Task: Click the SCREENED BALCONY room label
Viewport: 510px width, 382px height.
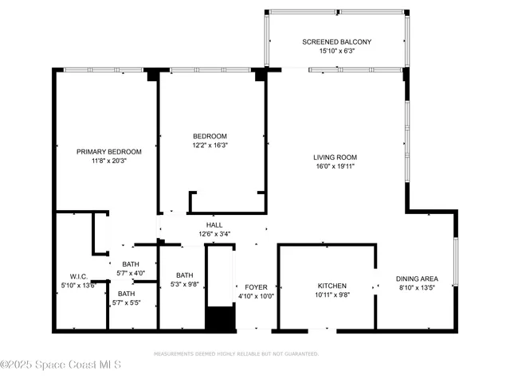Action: (336, 41)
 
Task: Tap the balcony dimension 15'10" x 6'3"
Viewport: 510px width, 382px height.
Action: (336, 51)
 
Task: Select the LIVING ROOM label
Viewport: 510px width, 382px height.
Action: (334, 157)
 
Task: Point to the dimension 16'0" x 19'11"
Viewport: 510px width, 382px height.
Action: (334, 167)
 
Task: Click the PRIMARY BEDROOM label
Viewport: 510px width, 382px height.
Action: (108, 151)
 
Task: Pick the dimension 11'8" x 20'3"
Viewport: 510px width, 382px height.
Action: (108, 161)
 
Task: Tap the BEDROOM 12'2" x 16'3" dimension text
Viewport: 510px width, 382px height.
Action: (210, 146)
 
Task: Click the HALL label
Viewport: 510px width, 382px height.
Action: (214, 224)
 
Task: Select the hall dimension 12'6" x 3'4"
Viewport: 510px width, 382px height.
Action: (214, 234)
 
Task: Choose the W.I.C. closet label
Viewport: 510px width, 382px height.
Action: (77, 275)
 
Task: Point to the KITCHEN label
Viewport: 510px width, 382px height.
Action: (331, 285)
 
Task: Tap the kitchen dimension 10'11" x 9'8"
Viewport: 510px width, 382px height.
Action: (331, 294)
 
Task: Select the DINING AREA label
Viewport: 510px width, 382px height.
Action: (418, 279)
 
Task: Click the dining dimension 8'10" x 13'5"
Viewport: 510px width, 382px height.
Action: (418, 288)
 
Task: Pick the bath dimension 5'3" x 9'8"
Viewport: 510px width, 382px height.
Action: (184, 284)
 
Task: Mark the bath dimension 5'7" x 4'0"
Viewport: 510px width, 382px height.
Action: (130, 273)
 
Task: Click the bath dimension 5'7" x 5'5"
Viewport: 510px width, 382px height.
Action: (127, 302)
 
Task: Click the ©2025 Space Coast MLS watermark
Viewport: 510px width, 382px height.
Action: (61, 365)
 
